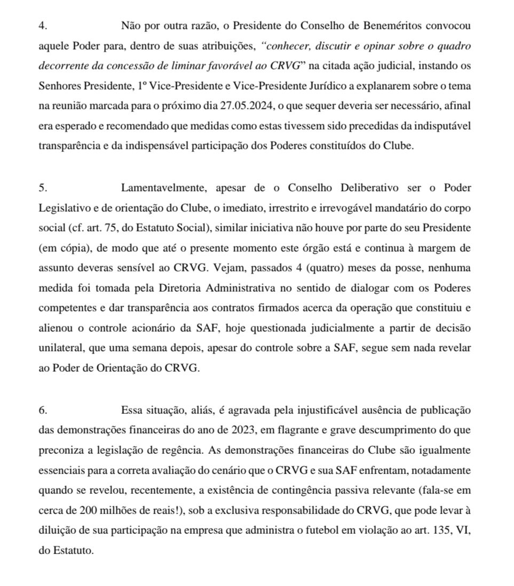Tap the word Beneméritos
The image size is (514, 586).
tap(392, 26)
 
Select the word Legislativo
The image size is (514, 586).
tap(61, 208)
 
